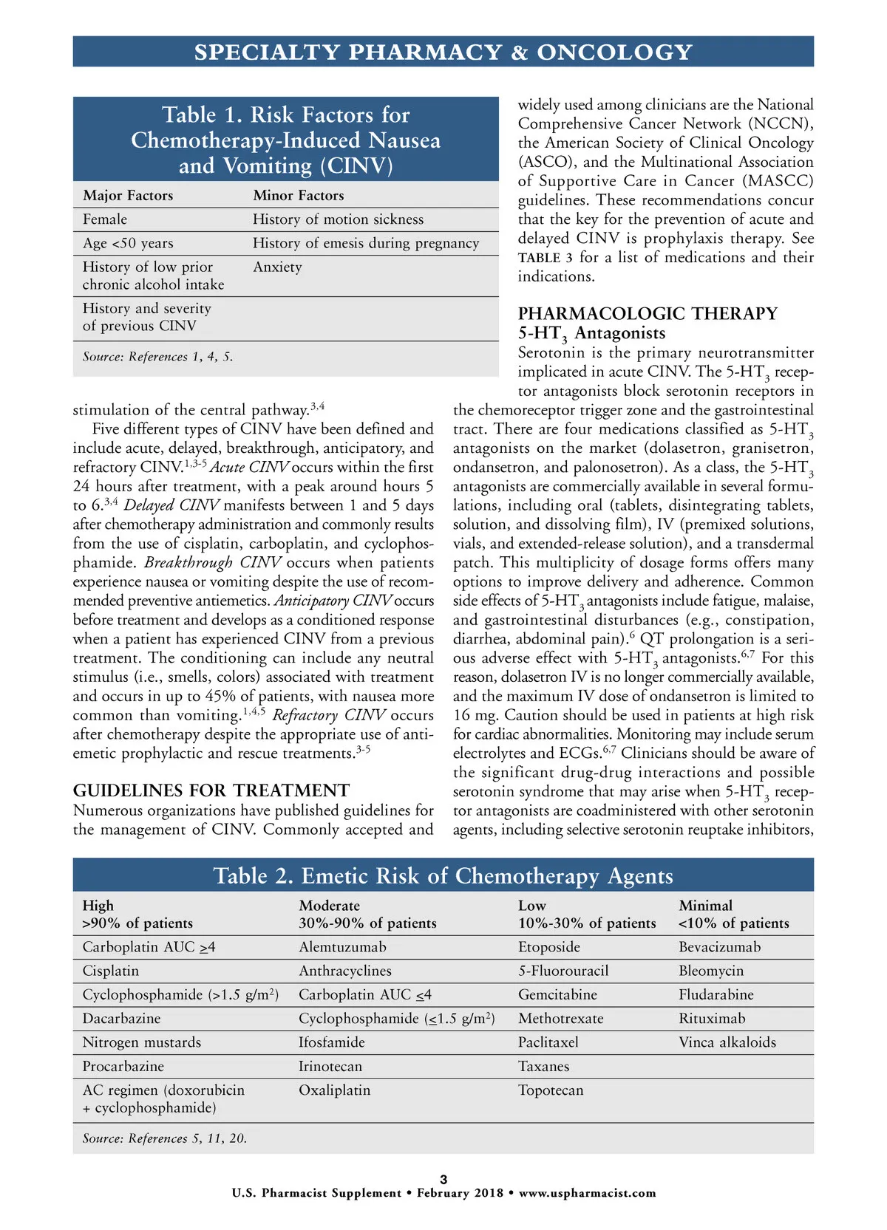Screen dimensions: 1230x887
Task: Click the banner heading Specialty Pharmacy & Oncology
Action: point(443,52)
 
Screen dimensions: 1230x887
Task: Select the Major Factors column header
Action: point(128,196)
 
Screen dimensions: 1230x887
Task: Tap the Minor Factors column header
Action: point(299,196)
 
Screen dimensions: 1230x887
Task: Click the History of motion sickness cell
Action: point(338,219)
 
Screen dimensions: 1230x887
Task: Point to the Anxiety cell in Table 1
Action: point(277,267)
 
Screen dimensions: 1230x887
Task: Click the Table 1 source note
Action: point(157,357)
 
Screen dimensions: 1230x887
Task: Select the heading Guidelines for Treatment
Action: point(211,790)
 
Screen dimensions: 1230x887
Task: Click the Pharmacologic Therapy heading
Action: point(648,314)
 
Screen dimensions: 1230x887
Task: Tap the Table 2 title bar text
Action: point(443,876)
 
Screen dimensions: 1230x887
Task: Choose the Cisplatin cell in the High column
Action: point(111,971)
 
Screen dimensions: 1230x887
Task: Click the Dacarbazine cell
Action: point(121,1019)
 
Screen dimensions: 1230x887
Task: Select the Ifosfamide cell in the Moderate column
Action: point(331,1042)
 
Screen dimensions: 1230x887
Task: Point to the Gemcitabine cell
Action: point(557,995)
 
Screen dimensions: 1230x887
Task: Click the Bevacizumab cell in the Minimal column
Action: point(719,947)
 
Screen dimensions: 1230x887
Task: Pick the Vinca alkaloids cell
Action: point(727,1042)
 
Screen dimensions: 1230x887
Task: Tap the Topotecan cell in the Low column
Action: point(551,1090)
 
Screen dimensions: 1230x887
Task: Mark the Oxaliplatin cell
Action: point(334,1090)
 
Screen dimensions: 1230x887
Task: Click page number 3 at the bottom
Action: point(443,1179)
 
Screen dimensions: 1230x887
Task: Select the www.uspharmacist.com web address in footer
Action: point(587,1193)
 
